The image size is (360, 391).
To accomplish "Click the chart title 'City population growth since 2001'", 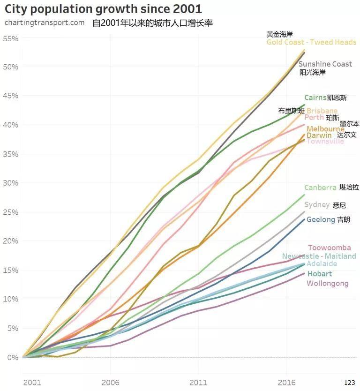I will pos(103,8).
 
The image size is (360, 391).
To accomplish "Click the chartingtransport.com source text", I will pos(45,23).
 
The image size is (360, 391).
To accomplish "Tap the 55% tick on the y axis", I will pos(10,38).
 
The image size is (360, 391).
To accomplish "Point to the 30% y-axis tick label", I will pos(10,183).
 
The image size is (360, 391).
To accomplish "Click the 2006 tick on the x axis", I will pos(110,382).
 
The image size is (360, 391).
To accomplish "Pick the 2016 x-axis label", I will pos(287,382).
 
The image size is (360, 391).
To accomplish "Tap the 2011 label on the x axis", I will pos(198,382).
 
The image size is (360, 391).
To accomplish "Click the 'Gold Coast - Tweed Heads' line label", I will pos(311,42).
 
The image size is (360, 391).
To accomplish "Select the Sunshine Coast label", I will pos(325,64).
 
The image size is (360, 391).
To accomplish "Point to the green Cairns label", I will pos(315,98).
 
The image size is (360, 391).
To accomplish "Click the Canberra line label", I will pos(320,188).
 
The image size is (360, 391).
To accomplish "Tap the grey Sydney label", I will pos(317,205).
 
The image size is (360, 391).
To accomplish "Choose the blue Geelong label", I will pos(321,219).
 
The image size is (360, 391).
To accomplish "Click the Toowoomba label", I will pos(329,248).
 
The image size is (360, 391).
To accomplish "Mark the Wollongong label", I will pos(327,283).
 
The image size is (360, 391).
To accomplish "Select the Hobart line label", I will pos(319,273).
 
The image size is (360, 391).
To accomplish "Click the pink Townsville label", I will pos(325,141).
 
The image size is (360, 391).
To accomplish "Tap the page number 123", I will pos(349,383).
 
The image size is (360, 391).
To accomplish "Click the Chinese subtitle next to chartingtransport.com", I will pos(153,23).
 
